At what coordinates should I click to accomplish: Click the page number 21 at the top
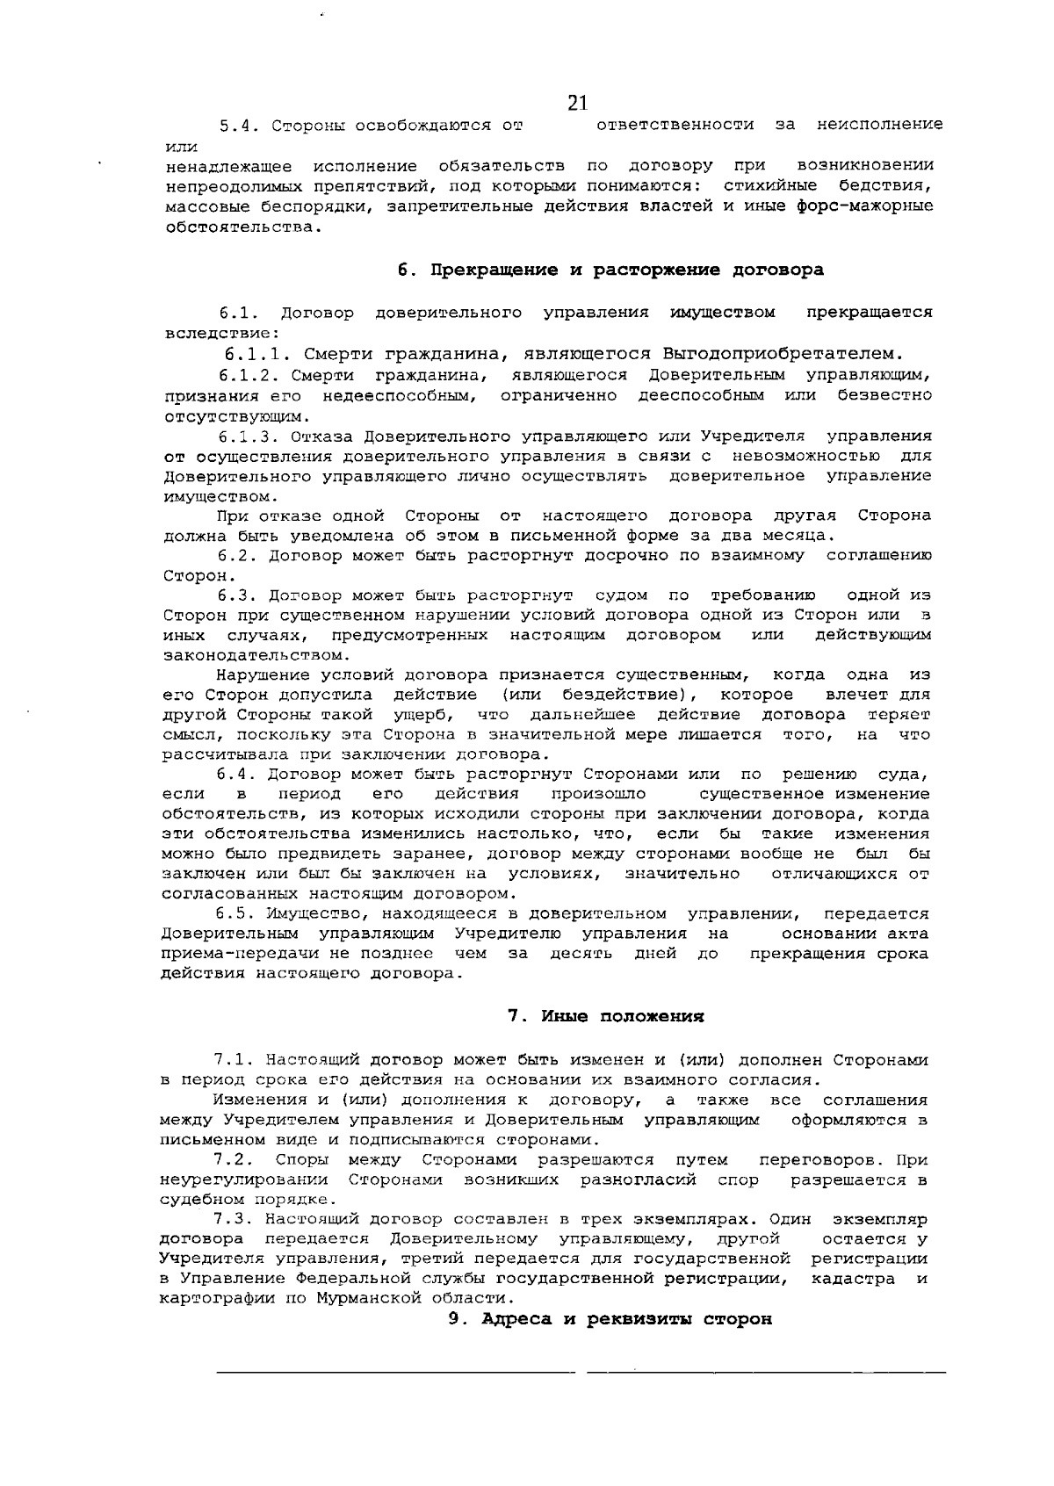[x=577, y=104]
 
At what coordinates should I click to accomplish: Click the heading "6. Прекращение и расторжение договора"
[x=610, y=270]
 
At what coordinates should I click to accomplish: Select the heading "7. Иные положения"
[x=606, y=1017]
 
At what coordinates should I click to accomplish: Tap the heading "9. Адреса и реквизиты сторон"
[x=610, y=1319]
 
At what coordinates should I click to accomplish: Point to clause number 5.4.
[x=237, y=126]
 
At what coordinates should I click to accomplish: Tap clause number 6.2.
[x=237, y=556]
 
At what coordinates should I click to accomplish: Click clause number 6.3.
[x=237, y=596]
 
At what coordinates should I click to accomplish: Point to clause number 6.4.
[x=235, y=775]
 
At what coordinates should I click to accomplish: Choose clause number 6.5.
[x=235, y=914]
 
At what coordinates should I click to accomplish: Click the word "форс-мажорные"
[x=870, y=207]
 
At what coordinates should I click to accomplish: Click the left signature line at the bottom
[x=395, y=1371]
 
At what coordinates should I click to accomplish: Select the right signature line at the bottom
[x=767, y=1371]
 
